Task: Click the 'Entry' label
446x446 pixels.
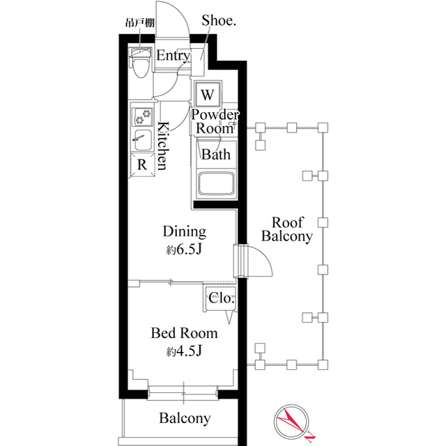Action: tap(171, 56)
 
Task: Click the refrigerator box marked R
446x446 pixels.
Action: tap(141, 164)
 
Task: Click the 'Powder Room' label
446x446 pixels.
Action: tap(215, 121)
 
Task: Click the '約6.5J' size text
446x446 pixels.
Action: tap(184, 250)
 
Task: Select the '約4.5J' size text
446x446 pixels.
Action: tap(184, 352)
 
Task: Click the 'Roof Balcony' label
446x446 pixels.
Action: tap(286, 229)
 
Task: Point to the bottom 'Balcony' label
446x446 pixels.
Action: tap(184, 419)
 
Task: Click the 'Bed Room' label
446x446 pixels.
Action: tap(184, 333)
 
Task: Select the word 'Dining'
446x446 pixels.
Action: tap(184, 231)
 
